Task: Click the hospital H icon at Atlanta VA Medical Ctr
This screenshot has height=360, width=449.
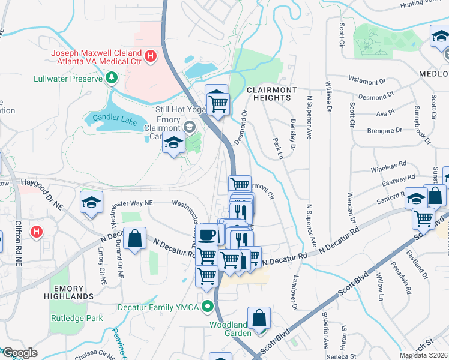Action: (x=151, y=57)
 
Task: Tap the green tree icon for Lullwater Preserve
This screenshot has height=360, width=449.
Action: (x=111, y=77)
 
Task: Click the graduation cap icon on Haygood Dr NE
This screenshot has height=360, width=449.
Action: (x=91, y=202)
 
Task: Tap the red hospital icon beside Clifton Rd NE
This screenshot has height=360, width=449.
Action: (x=37, y=231)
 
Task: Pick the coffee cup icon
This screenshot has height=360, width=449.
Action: (x=208, y=233)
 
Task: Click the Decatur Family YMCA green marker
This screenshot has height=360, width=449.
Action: (x=208, y=306)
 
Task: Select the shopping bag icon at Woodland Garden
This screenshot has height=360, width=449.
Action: (x=259, y=318)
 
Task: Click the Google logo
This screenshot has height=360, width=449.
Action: (x=20, y=353)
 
